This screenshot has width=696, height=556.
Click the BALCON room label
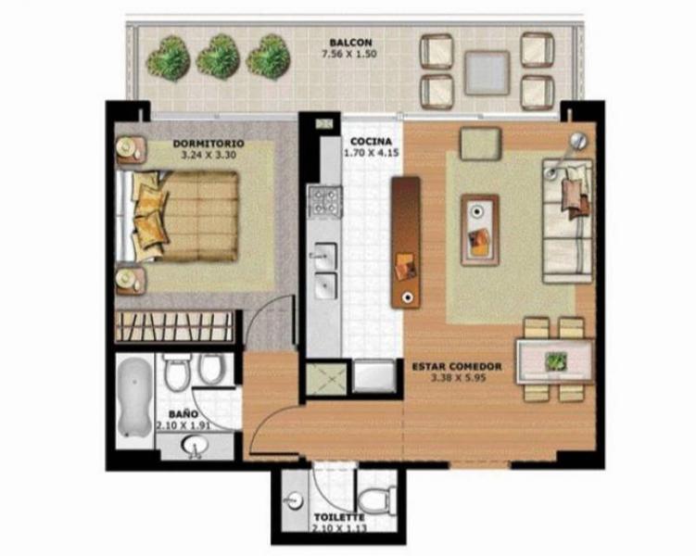pos(350,43)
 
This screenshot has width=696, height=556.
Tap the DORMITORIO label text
pos(209,144)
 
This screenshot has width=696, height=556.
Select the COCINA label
pos(372,142)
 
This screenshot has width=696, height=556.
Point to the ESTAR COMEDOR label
pos(457,367)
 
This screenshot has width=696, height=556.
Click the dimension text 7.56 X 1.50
pos(348,54)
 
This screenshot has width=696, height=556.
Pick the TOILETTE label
pos(339,517)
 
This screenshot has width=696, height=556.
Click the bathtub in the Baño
pos(134,398)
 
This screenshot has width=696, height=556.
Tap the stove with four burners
pos(326,202)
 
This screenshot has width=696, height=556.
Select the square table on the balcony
pos(487,73)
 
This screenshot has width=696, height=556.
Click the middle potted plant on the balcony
pos(218,57)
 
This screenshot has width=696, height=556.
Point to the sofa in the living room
pos(568,221)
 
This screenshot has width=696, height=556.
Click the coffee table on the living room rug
pos(480,230)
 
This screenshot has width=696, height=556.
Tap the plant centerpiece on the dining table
pos(556,360)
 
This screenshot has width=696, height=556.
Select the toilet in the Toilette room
pos(377,500)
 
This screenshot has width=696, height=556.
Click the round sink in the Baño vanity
pos(195,445)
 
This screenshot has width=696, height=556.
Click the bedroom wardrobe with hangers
pos(174,326)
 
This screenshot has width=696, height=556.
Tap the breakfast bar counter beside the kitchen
pos(405,242)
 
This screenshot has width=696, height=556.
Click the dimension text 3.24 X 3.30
pos(209,156)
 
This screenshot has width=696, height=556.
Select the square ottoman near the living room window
pos(481,144)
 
